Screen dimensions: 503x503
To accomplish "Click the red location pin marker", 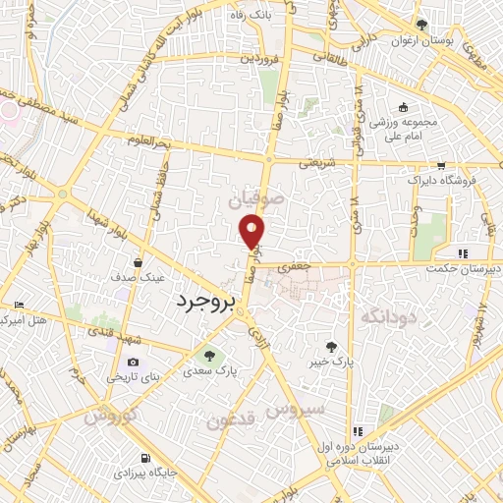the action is pos(253,229).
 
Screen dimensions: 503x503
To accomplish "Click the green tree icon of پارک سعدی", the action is pos(207,355).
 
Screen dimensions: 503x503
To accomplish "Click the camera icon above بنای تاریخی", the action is pos(134,362).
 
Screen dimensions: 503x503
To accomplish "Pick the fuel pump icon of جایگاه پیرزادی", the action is pos(147,458).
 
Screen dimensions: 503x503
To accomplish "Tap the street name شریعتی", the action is pos(316,161).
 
